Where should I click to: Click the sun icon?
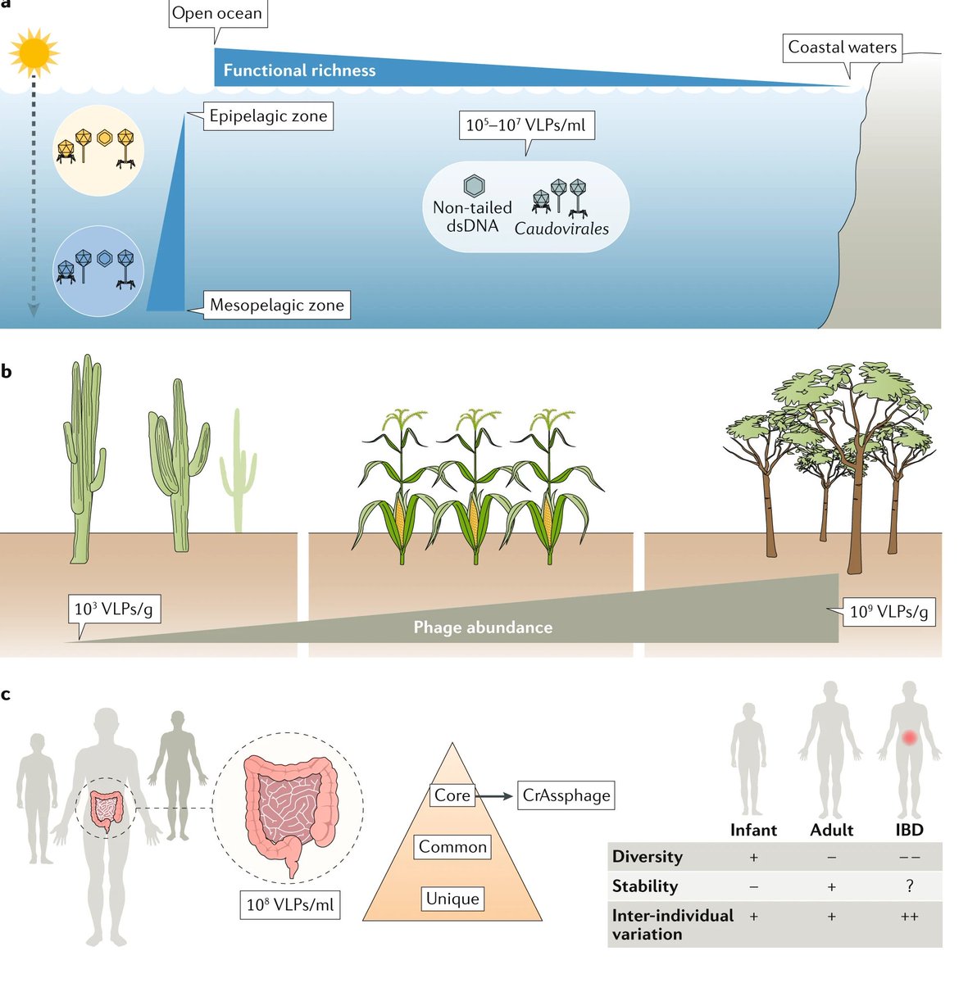coord(34,52)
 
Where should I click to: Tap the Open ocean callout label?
coord(217,14)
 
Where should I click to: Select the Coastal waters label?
coord(842,48)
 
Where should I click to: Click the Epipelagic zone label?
coord(268,116)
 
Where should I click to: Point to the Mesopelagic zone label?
coord(276,306)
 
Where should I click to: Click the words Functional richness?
coord(299,70)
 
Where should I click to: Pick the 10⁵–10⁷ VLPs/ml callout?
coord(526,125)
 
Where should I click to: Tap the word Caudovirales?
coord(561,229)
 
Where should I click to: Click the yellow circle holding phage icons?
coord(98,150)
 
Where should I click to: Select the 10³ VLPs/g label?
coord(113,609)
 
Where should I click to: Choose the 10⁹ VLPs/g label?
coord(888,612)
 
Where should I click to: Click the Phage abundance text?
coord(483,627)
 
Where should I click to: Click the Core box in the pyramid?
coord(452,795)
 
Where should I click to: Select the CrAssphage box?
coord(566,795)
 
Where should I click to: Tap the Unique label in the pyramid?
coord(452,899)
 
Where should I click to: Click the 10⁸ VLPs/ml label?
coord(290,904)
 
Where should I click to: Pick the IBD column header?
coord(908,830)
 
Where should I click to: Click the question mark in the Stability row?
coord(909,886)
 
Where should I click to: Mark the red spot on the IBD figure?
coord(909,738)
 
